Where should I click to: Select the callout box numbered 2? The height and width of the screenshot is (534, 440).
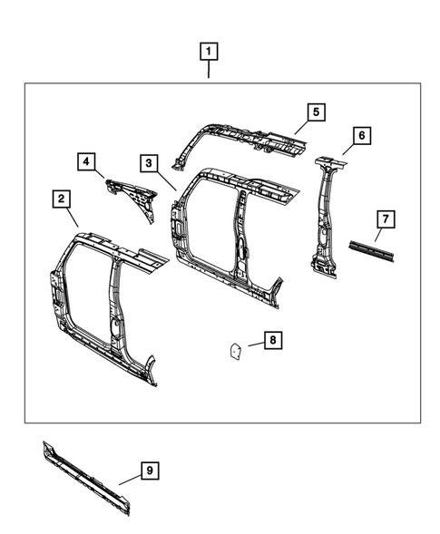coord(62,198)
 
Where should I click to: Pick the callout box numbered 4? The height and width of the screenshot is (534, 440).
coord(86,162)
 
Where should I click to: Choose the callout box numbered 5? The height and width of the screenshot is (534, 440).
coord(315,112)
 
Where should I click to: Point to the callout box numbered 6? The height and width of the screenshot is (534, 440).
coord(360,136)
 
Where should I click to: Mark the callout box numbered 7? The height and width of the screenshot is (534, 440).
coord(385,219)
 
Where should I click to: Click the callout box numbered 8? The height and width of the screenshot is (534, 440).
coord(270,340)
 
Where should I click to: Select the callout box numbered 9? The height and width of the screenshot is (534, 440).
coord(150,470)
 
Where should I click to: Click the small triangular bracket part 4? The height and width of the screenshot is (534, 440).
coord(135,194)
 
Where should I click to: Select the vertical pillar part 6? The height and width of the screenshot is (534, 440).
coord(324,218)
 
